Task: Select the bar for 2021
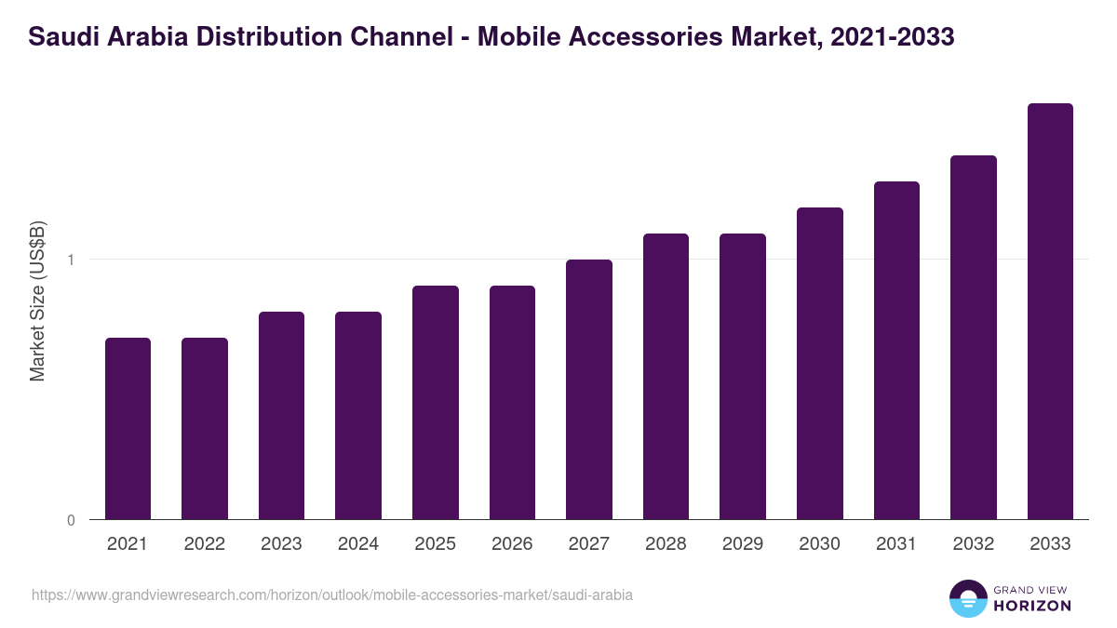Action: tap(128, 428)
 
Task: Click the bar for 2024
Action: tap(358, 415)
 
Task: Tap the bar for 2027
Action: tap(589, 389)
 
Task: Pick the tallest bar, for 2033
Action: tap(1050, 311)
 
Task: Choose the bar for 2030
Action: tap(820, 363)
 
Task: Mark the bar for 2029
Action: tap(743, 376)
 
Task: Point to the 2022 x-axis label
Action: tap(205, 544)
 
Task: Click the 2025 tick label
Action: tap(436, 544)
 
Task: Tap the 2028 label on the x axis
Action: tap(666, 544)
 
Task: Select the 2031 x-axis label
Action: tap(896, 544)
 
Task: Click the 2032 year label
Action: tap(974, 544)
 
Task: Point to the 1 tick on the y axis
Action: tap(71, 260)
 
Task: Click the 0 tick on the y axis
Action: tap(71, 520)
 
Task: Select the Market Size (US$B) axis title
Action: tap(37, 300)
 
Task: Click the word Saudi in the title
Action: tap(60, 38)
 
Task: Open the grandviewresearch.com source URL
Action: tap(332, 595)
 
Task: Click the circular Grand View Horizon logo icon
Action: tap(967, 598)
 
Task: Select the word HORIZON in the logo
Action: tap(1031, 606)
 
